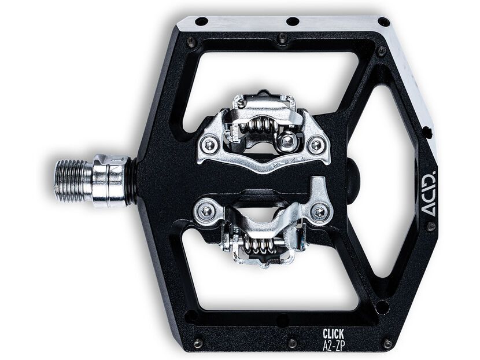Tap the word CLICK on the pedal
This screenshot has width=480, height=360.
click(x=333, y=333)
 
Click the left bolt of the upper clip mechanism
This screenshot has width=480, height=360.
click(x=209, y=145)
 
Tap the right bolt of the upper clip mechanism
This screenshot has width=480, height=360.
click(x=316, y=144)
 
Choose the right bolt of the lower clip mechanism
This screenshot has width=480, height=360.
click(x=320, y=211)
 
